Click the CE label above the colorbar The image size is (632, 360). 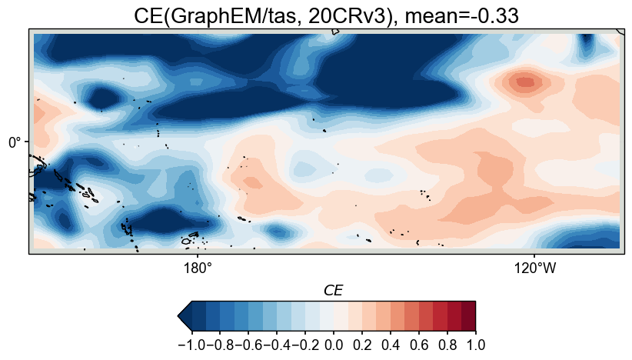click(x=333, y=290)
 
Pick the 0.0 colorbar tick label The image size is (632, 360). click(x=334, y=345)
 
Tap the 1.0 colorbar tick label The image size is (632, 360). click(x=475, y=345)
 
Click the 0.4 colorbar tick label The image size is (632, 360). click(x=391, y=345)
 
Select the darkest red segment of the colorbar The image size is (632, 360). click(x=468, y=315)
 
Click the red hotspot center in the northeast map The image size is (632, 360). click(x=525, y=81)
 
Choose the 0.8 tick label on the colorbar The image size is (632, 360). click(x=447, y=345)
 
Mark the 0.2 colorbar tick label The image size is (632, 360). click(x=362, y=345)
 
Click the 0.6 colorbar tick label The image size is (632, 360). click(x=419, y=345)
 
